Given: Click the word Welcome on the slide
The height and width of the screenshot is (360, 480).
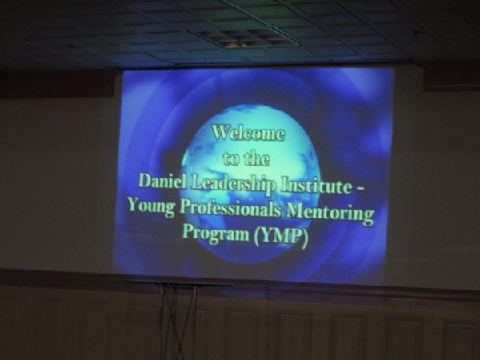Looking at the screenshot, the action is (x=248, y=134).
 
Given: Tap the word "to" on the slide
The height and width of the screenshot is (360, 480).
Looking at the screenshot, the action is (x=230, y=159).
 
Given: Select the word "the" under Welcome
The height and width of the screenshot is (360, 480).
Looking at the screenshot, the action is (x=257, y=158).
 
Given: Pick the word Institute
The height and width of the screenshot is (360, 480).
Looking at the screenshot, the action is (x=316, y=186).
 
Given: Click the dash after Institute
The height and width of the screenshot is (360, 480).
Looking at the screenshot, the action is (x=360, y=190).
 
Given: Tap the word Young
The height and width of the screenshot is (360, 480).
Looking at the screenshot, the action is (x=151, y=206).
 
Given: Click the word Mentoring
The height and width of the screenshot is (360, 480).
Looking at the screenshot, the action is (x=330, y=214).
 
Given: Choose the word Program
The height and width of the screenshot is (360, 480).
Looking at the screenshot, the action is (x=216, y=233).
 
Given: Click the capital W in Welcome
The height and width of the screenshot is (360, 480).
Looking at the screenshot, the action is (x=222, y=133).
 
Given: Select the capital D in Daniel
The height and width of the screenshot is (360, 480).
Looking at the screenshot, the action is (x=145, y=181).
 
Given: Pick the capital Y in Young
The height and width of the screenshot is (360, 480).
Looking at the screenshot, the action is (x=134, y=204).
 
